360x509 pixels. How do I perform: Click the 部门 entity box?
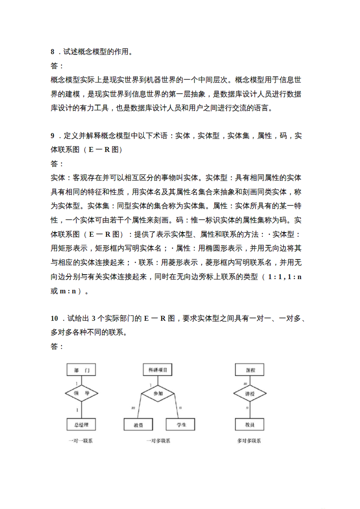pos(81,370)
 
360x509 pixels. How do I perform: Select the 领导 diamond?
pos(81,393)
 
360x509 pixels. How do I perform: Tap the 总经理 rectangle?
pos(81,425)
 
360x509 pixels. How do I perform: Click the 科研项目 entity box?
pos(158,370)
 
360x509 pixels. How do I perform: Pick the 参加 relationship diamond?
pos(158,393)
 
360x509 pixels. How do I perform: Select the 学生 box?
pos(181,425)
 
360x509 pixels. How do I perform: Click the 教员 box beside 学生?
pos(138,425)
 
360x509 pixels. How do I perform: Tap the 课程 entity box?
pos(250,370)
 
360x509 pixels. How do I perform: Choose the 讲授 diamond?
pos(250,393)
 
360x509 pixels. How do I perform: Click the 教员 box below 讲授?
pos(250,425)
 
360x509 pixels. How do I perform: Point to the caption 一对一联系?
pos(80,441)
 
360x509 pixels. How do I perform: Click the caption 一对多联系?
pos(158,441)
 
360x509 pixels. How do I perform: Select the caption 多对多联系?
pos(249,441)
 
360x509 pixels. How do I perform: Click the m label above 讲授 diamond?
pos(246,384)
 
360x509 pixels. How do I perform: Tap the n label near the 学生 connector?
pos(180,408)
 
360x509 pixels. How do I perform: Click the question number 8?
pos(53,52)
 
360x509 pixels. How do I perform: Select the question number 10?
pos(54,319)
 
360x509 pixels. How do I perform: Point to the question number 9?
pos(53,136)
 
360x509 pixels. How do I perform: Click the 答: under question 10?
pos(57,346)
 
